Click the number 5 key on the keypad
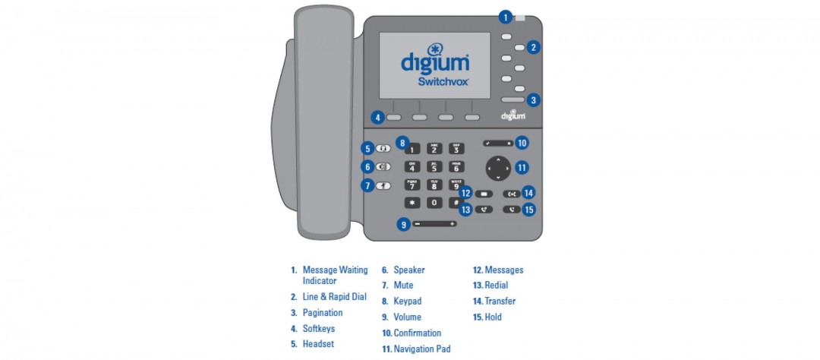click(x=434, y=167)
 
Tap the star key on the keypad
click(x=412, y=203)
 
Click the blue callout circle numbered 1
click(x=505, y=16)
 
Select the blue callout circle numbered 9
click(x=404, y=224)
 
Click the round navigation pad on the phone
click(x=497, y=168)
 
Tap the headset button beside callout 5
click(x=384, y=149)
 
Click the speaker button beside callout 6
click(x=384, y=167)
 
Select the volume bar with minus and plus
click(x=434, y=224)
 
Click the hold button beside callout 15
click(x=512, y=210)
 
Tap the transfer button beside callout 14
click(x=512, y=193)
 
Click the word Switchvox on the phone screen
click(x=443, y=81)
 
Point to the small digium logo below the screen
click(x=512, y=115)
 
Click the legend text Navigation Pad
click(x=421, y=349)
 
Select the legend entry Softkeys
click(x=318, y=329)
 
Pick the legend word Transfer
click(x=500, y=301)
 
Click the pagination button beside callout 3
click(x=512, y=99)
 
